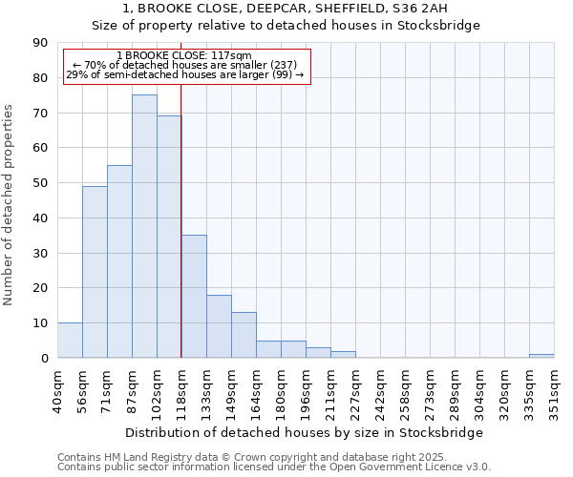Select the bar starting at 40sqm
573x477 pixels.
click(x=70, y=341)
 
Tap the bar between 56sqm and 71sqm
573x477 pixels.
click(x=95, y=272)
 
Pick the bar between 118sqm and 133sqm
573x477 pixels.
click(x=194, y=297)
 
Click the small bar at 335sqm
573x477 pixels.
click(x=541, y=356)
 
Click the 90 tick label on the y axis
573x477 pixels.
click(x=41, y=43)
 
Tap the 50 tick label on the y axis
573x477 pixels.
click(x=41, y=183)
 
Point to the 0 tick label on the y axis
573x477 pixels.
click(x=45, y=359)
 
